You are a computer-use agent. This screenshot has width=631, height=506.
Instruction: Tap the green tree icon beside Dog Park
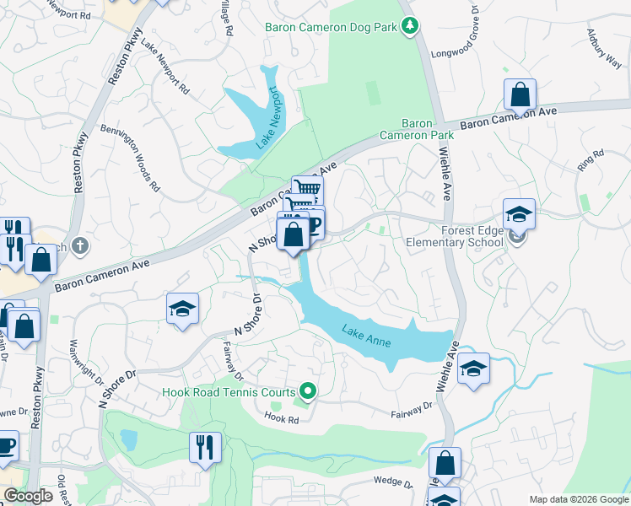click(410, 26)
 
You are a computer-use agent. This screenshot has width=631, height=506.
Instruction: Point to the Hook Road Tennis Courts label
click(229, 392)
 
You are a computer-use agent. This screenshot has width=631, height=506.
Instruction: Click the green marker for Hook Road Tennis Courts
click(308, 391)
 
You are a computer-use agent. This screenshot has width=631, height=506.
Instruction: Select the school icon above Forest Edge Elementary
click(519, 214)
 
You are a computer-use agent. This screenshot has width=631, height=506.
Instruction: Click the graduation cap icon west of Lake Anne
click(182, 309)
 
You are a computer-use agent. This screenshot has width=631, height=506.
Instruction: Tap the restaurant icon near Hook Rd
click(205, 447)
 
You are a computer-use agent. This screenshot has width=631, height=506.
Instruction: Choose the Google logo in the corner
click(28, 496)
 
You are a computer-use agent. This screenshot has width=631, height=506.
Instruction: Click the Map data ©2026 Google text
click(578, 499)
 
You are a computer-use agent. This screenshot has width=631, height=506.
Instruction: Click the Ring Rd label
click(591, 160)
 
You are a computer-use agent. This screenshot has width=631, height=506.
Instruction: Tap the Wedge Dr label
click(392, 483)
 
